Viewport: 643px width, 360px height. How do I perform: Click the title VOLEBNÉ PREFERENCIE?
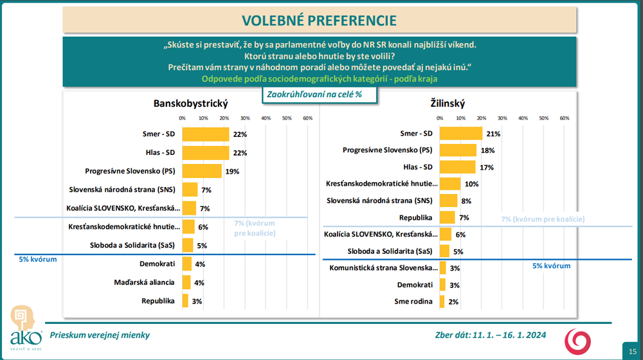click(x=320, y=20)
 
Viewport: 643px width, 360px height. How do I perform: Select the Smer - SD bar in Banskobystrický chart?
click(x=205, y=134)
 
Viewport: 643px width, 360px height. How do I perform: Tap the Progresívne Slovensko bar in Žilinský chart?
click(x=458, y=150)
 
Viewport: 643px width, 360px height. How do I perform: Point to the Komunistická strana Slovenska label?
click(x=383, y=268)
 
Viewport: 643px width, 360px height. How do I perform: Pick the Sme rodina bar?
click(x=442, y=301)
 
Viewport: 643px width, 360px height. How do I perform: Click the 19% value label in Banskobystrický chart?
click(x=231, y=172)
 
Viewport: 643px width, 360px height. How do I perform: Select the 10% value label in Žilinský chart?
click(x=471, y=184)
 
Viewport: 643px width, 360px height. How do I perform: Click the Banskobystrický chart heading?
click(x=190, y=103)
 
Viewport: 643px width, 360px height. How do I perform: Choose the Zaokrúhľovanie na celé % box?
click(x=318, y=94)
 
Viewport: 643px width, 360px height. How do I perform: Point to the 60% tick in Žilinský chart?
click(x=564, y=118)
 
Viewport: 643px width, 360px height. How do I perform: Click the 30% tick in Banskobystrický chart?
click(x=244, y=118)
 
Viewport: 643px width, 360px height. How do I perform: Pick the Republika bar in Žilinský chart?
click(x=447, y=217)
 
